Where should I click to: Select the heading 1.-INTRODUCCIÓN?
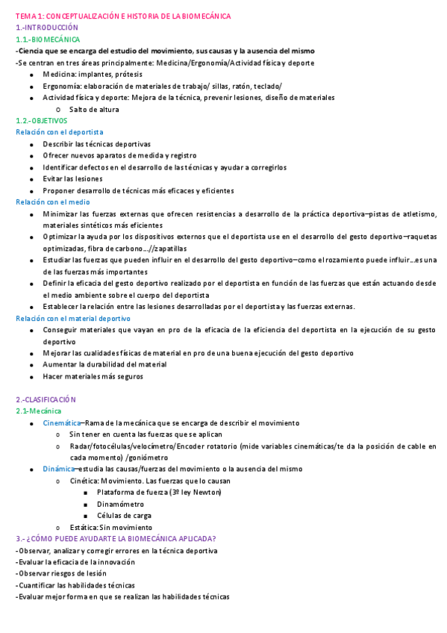(x=46, y=28)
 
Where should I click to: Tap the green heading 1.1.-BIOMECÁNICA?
(x=49, y=39)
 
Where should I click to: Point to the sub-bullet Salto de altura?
(x=94, y=109)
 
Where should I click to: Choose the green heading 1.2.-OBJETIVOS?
(x=42, y=120)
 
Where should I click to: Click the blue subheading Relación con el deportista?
(x=60, y=132)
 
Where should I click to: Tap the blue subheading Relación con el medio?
(x=53, y=202)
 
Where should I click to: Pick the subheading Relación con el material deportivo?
(x=73, y=318)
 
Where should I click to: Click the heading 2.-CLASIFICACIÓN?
(x=46, y=399)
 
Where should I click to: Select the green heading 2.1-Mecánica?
(x=39, y=411)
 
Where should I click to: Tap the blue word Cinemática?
(x=61, y=423)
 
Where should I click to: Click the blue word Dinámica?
(x=59, y=469)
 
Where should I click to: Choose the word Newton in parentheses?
(x=207, y=492)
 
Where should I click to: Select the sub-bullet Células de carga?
(x=124, y=515)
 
